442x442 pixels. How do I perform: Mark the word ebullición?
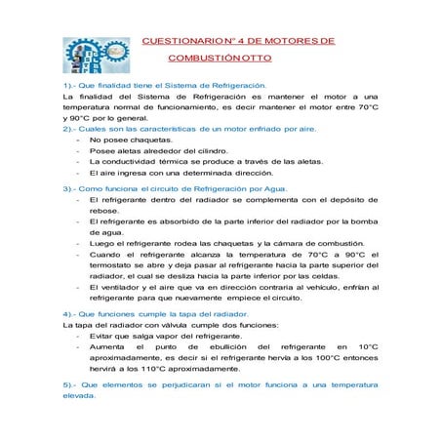click(x=220, y=346)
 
